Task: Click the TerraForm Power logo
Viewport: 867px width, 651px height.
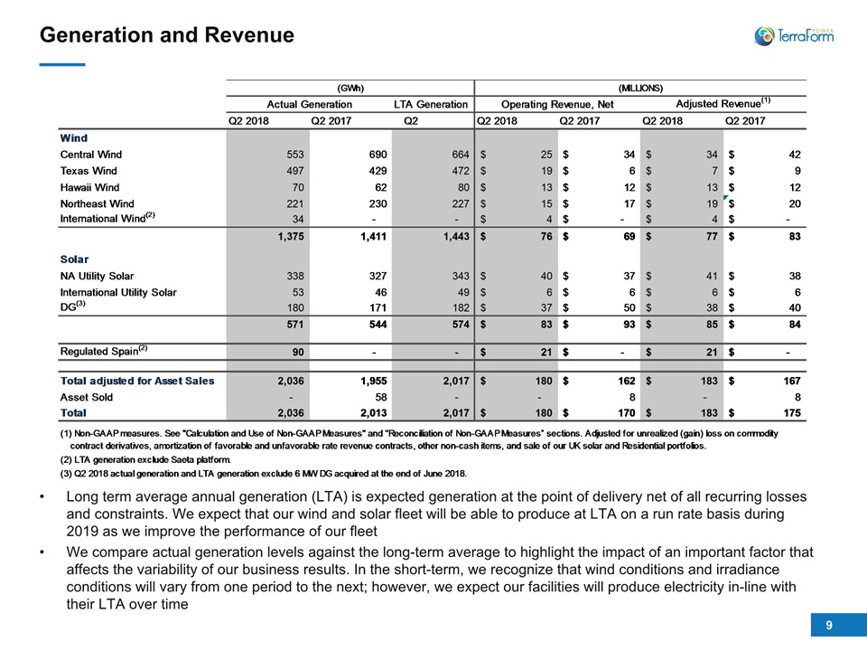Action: coord(794,36)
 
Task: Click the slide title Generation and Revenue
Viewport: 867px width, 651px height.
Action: coord(167,35)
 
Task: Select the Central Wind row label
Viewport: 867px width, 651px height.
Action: coord(90,155)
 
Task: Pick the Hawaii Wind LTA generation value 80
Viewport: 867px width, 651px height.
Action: coord(463,187)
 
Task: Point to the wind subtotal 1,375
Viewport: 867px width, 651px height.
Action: coord(290,236)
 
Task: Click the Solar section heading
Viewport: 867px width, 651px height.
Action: coord(74,259)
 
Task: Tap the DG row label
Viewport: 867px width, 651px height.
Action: coord(72,307)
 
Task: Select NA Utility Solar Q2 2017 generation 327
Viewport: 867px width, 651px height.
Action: coord(378,276)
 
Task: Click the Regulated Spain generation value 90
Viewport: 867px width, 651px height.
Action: coord(298,352)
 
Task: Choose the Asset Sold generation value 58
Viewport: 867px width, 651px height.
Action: coord(380,397)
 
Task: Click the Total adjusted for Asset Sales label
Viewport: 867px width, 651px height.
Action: coord(137,381)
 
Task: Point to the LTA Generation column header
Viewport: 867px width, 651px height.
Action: coord(431,104)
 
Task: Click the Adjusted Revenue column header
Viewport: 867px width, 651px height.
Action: coord(723,103)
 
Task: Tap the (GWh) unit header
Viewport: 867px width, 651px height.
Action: coord(350,88)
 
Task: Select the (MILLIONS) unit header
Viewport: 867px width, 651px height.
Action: coord(640,88)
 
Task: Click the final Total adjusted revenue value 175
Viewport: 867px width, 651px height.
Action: coord(792,413)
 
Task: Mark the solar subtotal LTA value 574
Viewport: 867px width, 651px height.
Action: coord(461,325)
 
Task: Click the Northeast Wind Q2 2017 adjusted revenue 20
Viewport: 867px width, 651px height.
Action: coord(795,203)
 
